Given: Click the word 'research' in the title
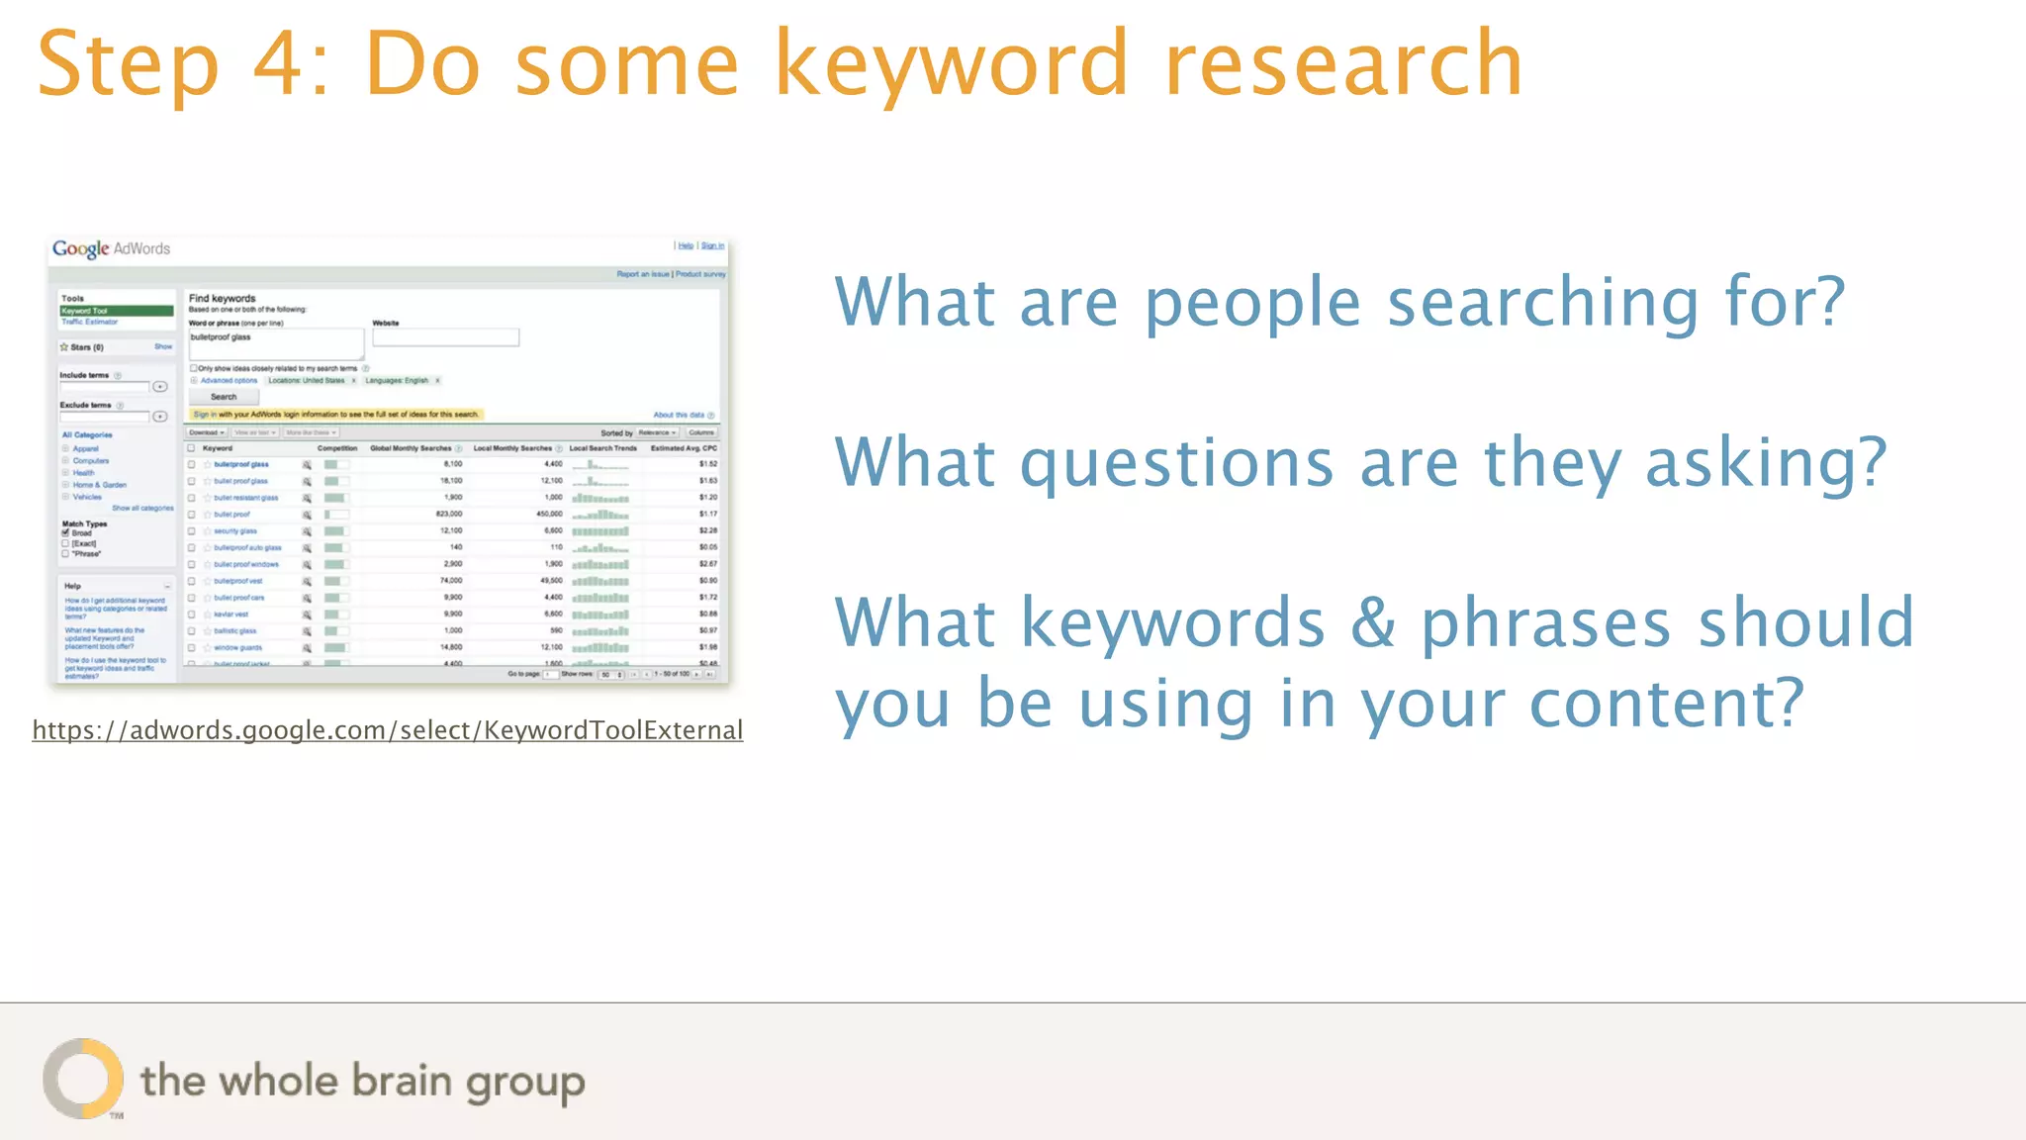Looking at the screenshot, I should [1343, 65].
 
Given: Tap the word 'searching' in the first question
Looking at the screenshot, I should [1543, 302].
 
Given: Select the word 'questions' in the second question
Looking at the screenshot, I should [1176, 463].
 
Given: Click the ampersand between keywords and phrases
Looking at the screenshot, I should [1373, 623].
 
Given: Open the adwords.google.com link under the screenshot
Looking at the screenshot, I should [387, 730].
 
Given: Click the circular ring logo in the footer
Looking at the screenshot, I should [83, 1079].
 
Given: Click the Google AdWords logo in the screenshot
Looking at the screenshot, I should [111, 248].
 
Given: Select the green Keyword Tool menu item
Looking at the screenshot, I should [116, 311].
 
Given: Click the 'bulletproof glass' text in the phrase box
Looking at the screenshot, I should [221, 337].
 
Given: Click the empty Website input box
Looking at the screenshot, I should [445, 338].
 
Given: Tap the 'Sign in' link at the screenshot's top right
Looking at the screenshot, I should [712, 245].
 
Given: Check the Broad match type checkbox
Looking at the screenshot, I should [65, 532].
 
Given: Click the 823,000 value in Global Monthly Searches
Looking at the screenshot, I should [448, 514].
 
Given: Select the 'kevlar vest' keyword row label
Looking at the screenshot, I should [231, 615].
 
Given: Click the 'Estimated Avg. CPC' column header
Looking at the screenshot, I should [684, 448].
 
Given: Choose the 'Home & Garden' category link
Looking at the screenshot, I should [99, 485].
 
